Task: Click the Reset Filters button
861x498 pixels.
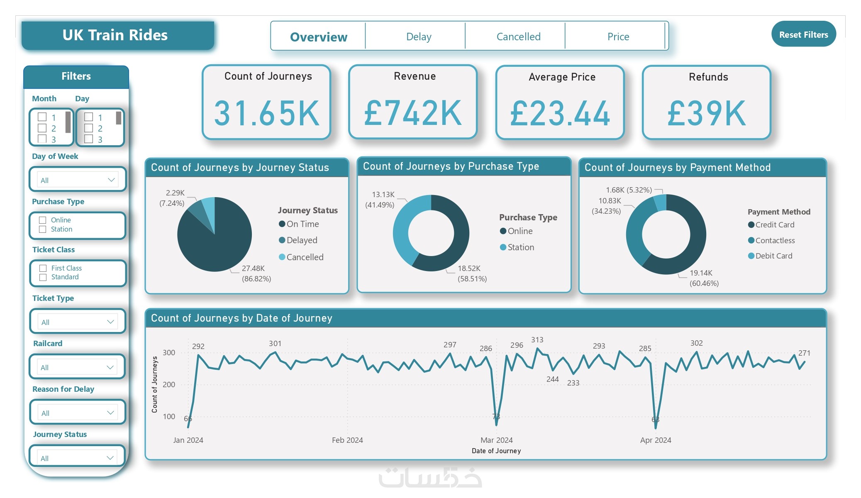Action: click(803, 34)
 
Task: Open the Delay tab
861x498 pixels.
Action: click(419, 37)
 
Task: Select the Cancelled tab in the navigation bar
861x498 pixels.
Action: click(518, 37)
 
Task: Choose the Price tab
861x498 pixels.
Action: click(618, 37)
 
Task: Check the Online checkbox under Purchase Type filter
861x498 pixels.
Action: click(42, 220)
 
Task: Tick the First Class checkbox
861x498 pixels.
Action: click(43, 268)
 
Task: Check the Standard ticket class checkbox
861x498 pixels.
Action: click(43, 277)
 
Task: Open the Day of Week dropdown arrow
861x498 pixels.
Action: click(111, 180)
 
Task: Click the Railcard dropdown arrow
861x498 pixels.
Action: click(110, 367)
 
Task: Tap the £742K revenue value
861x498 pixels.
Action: click(413, 113)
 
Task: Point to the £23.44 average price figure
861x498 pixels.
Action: click(560, 113)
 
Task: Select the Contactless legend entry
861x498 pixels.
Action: click(775, 240)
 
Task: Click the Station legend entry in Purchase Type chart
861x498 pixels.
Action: click(520, 247)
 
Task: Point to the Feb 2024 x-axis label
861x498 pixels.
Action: click(347, 440)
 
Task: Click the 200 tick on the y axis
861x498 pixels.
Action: click(169, 384)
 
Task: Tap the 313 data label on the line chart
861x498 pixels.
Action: click(537, 340)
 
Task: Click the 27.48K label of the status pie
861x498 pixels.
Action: click(253, 269)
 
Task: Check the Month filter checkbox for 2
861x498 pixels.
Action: click(42, 128)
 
